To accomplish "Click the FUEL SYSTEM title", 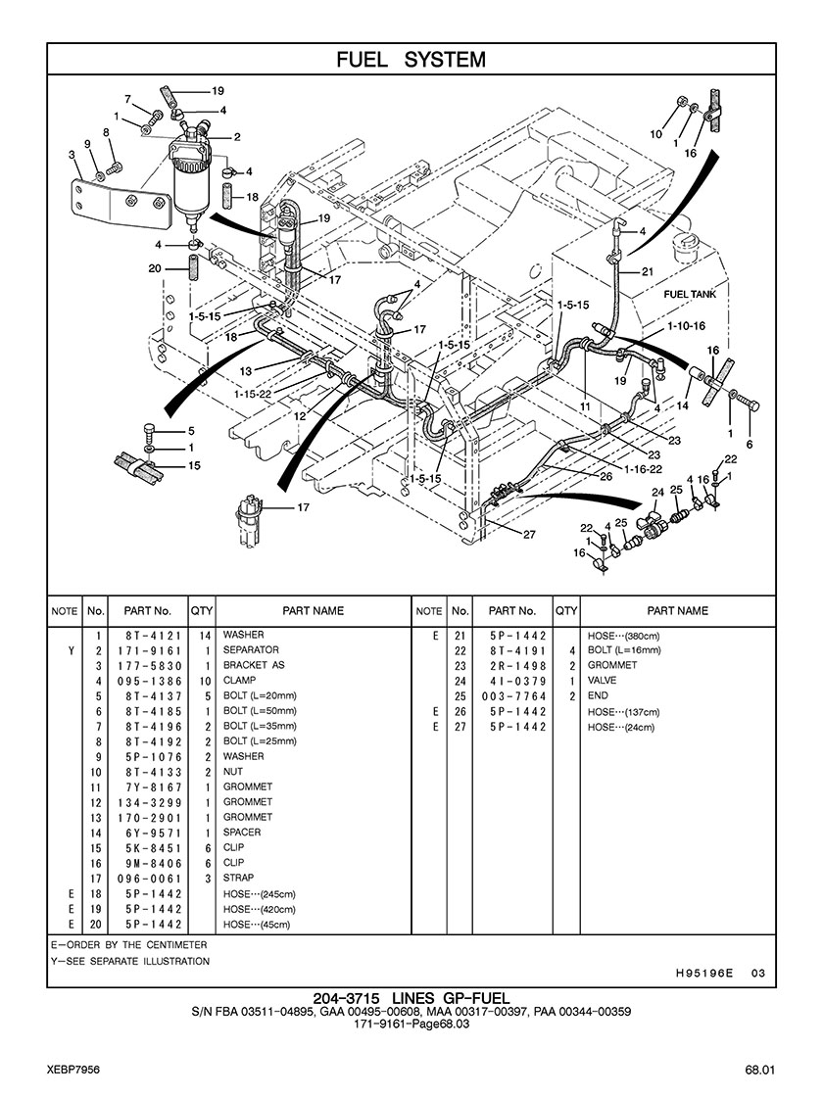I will (x=411, y=60).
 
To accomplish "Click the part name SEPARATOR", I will (x=251, y=650).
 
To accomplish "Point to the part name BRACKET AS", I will (x=254, y=665).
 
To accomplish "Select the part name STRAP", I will (x=238, y=879).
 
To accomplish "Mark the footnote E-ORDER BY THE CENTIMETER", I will (x=129, y=945).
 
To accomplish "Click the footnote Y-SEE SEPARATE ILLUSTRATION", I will (x=130, y=961).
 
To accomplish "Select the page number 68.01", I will (x=758, y=1069).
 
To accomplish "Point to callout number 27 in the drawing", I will (x=529, y=534).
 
